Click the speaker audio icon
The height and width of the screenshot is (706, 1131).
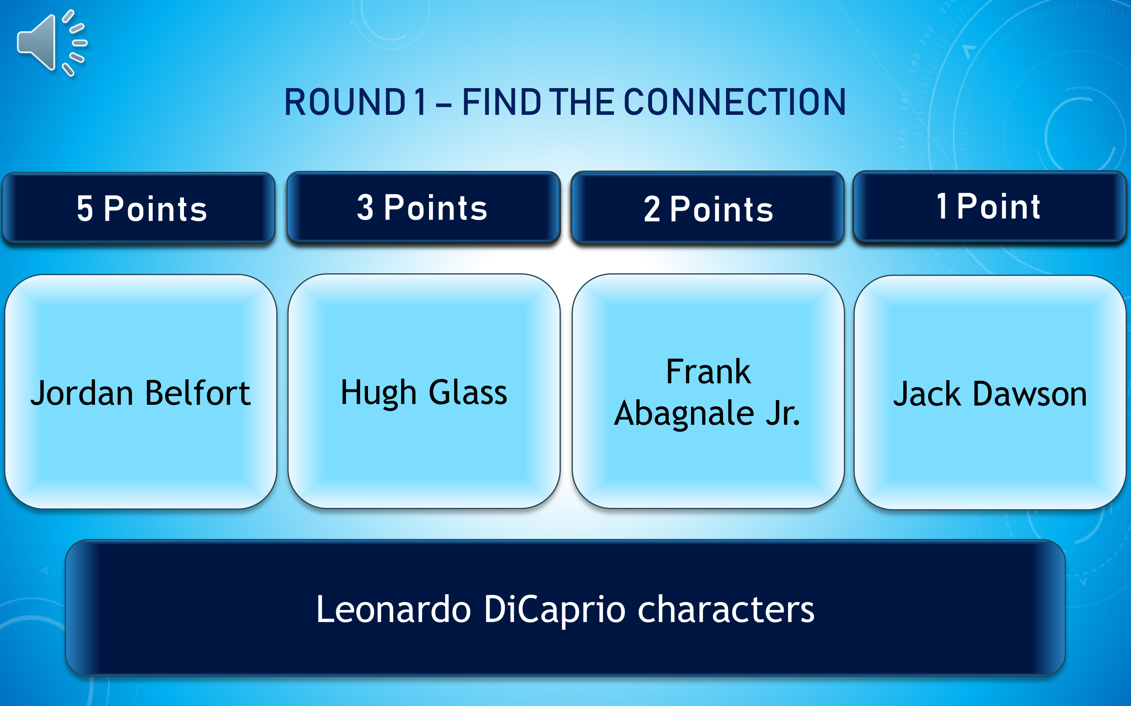pos(51,43)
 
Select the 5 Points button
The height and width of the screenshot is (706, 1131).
pos(139,208)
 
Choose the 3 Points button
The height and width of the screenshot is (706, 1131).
pos(423,207)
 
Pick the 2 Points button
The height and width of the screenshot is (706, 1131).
pos(708,208)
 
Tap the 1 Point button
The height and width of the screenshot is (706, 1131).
pos(989,206)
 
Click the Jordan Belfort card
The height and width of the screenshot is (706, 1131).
pos(141,392)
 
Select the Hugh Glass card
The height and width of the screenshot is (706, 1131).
pos(424,391)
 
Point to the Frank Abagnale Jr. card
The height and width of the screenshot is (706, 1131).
pos(708,391)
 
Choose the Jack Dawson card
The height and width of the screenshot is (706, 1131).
pos(990,393)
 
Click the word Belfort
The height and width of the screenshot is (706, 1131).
pos(198,392)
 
